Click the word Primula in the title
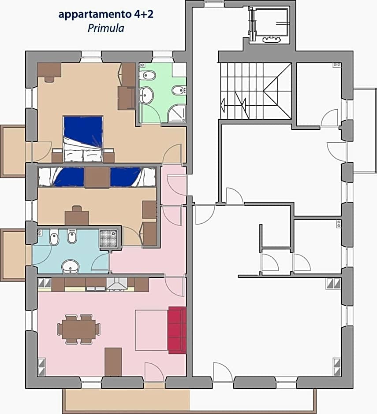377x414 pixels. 106,28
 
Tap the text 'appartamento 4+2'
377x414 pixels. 106,14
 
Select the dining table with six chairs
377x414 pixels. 78,329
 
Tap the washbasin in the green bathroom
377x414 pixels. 146,94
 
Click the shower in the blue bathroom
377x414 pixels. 107,239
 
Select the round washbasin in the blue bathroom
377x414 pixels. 70,266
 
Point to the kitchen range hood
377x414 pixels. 117,285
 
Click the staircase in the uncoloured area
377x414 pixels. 256,91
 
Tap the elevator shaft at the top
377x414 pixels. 269,25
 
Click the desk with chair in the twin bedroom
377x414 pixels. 77,216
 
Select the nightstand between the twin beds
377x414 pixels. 97,177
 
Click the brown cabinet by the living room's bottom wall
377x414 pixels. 113,362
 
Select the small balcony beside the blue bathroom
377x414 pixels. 13,254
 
